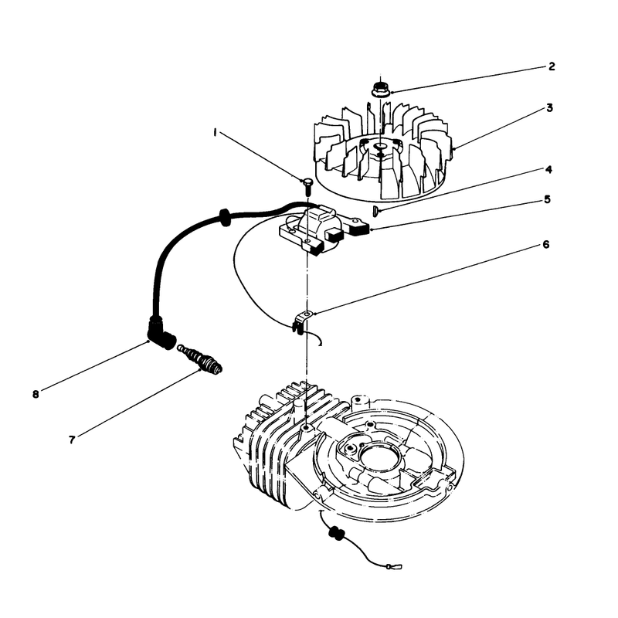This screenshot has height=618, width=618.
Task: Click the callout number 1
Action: click(x=215, y=133)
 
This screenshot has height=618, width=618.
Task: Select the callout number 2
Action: click(x=552, y=66)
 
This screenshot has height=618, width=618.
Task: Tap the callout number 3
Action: click(x=549, y=107)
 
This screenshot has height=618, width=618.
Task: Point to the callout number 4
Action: click(x=548, y=169)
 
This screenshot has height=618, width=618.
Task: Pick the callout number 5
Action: click(x=548, y=199)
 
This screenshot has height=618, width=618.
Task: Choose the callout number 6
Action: click(x=546, y=245)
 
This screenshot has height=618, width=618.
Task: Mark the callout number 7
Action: click(x=72, y=440)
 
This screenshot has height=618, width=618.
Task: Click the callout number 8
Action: click(x=36, y=394)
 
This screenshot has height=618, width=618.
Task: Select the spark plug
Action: click(x=199, y=358)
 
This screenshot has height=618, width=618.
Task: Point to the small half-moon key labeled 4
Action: click(x=375, y=211)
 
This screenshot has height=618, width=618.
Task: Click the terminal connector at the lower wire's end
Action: click(x=395, y=567)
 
